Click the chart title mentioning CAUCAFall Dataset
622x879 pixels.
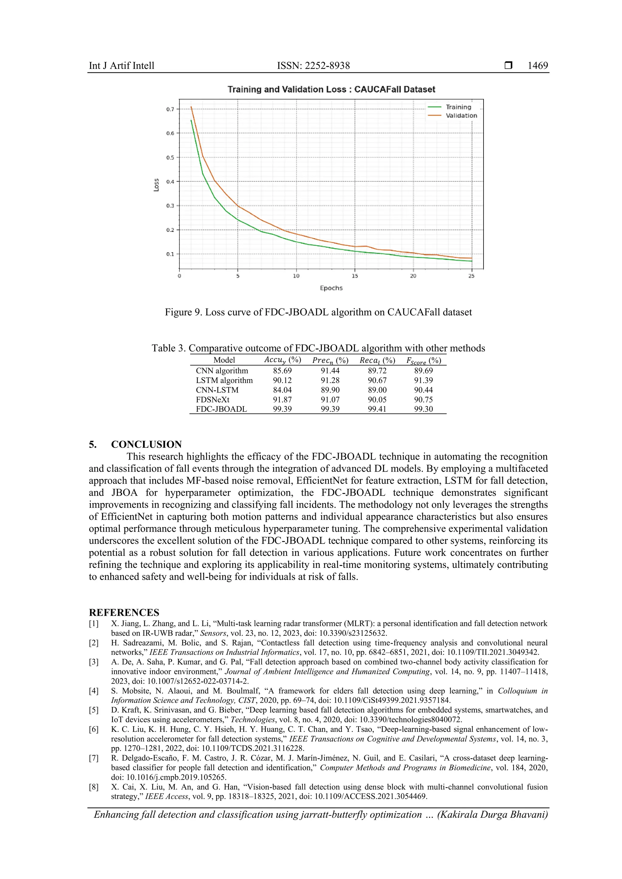[x=331, y=89]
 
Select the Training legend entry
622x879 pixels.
[x=458, y=107]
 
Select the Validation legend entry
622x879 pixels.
[x=461, y=116]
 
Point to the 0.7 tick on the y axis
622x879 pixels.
[x=170, y=109]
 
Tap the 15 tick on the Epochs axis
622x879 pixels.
[x=355, y=276]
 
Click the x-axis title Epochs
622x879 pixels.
[x=331, y=288]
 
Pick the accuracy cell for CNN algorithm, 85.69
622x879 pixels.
[x=282, y=371]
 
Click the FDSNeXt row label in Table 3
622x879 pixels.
[x=213, y=399]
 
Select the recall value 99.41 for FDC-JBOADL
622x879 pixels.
[x=377, y=409]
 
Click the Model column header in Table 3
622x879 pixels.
[x=224, y=360]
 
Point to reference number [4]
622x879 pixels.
[x=94, y=691]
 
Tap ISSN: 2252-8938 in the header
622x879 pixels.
[x=313, y=66]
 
